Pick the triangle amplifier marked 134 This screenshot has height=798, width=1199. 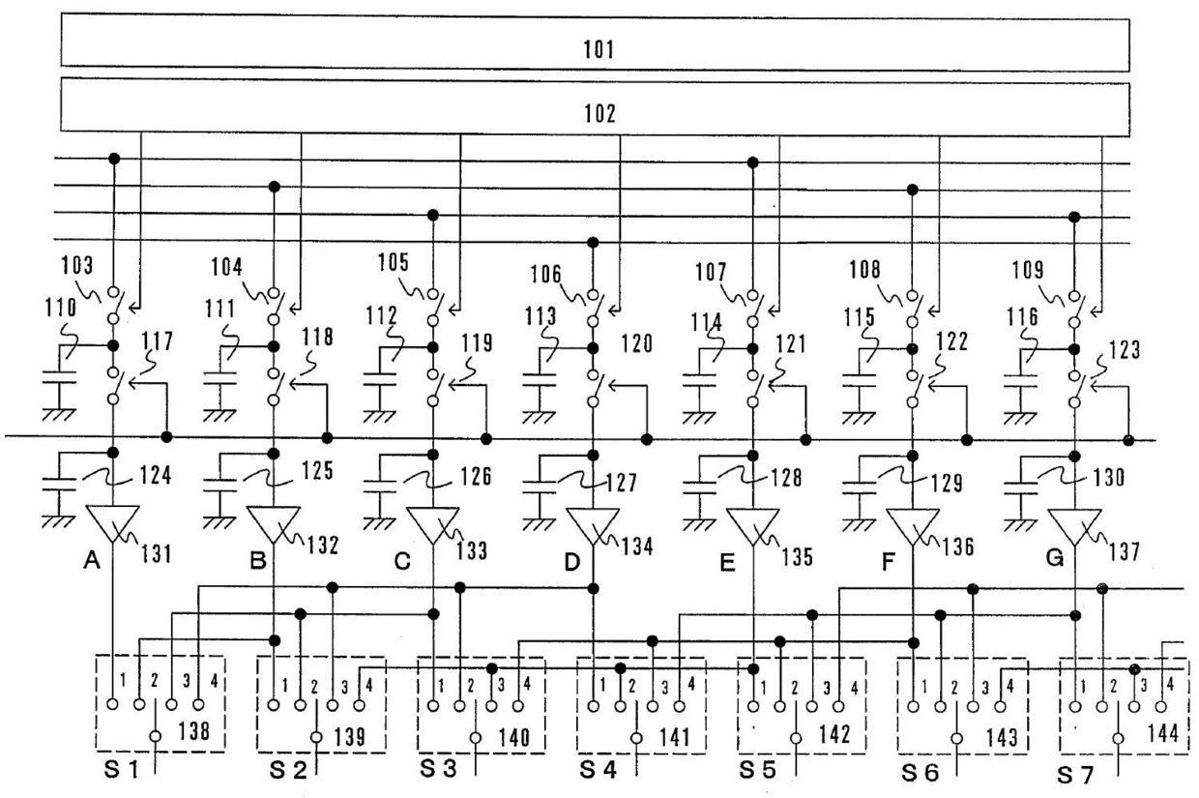593,525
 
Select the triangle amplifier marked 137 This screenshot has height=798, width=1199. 1073,525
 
